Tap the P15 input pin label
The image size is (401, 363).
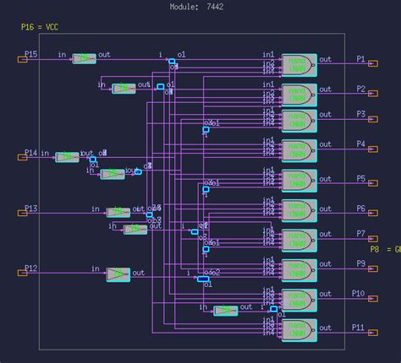30,54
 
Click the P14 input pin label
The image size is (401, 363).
30,153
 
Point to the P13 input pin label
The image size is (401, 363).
30,209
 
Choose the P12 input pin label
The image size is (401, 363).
30,268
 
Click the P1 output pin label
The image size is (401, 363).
360,60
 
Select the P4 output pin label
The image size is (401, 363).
360,144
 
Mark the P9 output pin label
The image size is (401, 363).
360,263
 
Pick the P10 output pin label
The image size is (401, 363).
359,293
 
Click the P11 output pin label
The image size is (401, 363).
359,327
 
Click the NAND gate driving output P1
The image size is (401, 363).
298,64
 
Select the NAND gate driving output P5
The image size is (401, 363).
298,181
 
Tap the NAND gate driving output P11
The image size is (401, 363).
298,329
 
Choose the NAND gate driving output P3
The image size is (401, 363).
298,119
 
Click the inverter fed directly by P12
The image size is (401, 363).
118,274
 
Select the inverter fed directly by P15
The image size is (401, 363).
84,58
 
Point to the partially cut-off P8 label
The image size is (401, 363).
385,249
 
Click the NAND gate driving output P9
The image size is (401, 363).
298,269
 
